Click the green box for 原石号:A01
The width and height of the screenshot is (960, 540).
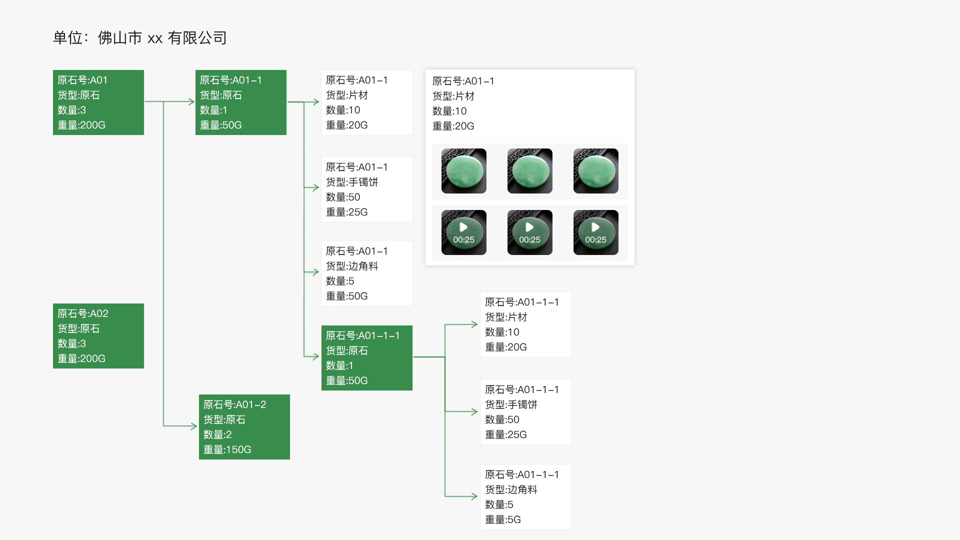(x=98, y=102)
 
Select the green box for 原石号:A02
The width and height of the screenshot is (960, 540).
(x=98, y=336)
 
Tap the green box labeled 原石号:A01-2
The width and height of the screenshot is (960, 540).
(x=244, y=427)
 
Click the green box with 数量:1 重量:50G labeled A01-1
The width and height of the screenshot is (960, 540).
(x=240, y=102)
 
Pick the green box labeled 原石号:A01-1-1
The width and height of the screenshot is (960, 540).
(x=366, y=358)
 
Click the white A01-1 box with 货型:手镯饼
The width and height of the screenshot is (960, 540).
(x=366, y=189)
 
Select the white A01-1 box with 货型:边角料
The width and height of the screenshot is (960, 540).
(x=366, y=273)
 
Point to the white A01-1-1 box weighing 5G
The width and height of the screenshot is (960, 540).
(x=525, y=497)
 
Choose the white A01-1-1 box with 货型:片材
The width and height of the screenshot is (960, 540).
(x=525, y=324)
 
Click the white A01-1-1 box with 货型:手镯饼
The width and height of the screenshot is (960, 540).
(x=525, y=412)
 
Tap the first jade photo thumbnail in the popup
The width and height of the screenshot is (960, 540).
(x=463, y=171)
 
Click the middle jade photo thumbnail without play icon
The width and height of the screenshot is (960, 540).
(x=529, y=171)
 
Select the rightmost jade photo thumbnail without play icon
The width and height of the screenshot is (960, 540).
(x=595, y=171)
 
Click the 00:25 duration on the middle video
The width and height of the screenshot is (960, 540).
(x=529, y=240)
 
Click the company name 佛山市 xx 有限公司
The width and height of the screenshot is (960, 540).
(x=162, y=38)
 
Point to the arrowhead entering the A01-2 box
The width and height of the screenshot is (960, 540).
(x=194, y=426)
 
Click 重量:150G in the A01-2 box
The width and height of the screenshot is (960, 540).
(x=227, y=449)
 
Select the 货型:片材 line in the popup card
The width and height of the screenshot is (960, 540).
(x=453, y=96)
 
